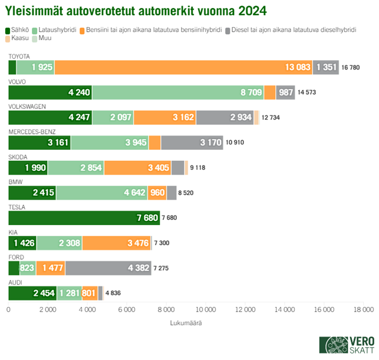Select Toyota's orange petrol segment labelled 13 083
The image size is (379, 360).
pyautogui.click(x=183, y=67)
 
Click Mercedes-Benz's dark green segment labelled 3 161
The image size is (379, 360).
pyautogui.click(x=39, y=142)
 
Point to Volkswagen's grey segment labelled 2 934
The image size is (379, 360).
pyautogui.click(x=225, y=117)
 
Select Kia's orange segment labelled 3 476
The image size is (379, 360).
pyautogui.click(x=116, y=243)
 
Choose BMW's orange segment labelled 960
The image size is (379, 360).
pyautogui.click(x=157, y=193)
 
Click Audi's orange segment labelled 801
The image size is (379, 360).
pyautogui.click(x=90, y=293)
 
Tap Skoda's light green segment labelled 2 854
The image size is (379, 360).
pyautogui.click(x=75, y=168)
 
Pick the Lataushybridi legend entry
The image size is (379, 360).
pyautogui.click(x=59, y=29)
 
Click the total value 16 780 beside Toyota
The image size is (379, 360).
pyautogui.click(x=351, y=68)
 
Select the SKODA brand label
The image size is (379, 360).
pyautogui.click(x=17, y=157)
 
